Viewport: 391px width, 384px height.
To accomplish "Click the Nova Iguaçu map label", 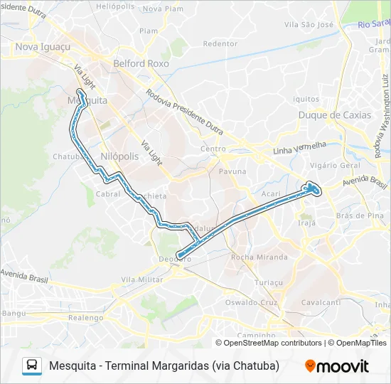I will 41,47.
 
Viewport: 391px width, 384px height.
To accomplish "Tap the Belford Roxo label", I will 141,63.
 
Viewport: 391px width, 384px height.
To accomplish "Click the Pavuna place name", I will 232,171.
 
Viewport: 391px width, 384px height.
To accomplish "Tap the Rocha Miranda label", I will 259,257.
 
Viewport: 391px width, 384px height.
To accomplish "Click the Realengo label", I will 86,318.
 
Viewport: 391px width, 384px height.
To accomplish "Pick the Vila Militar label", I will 142,281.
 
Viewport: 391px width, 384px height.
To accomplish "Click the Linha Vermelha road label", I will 299,149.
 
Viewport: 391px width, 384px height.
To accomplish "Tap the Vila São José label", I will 309,24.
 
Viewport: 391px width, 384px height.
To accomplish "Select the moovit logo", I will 337,366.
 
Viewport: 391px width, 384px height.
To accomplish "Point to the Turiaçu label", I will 268,282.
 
